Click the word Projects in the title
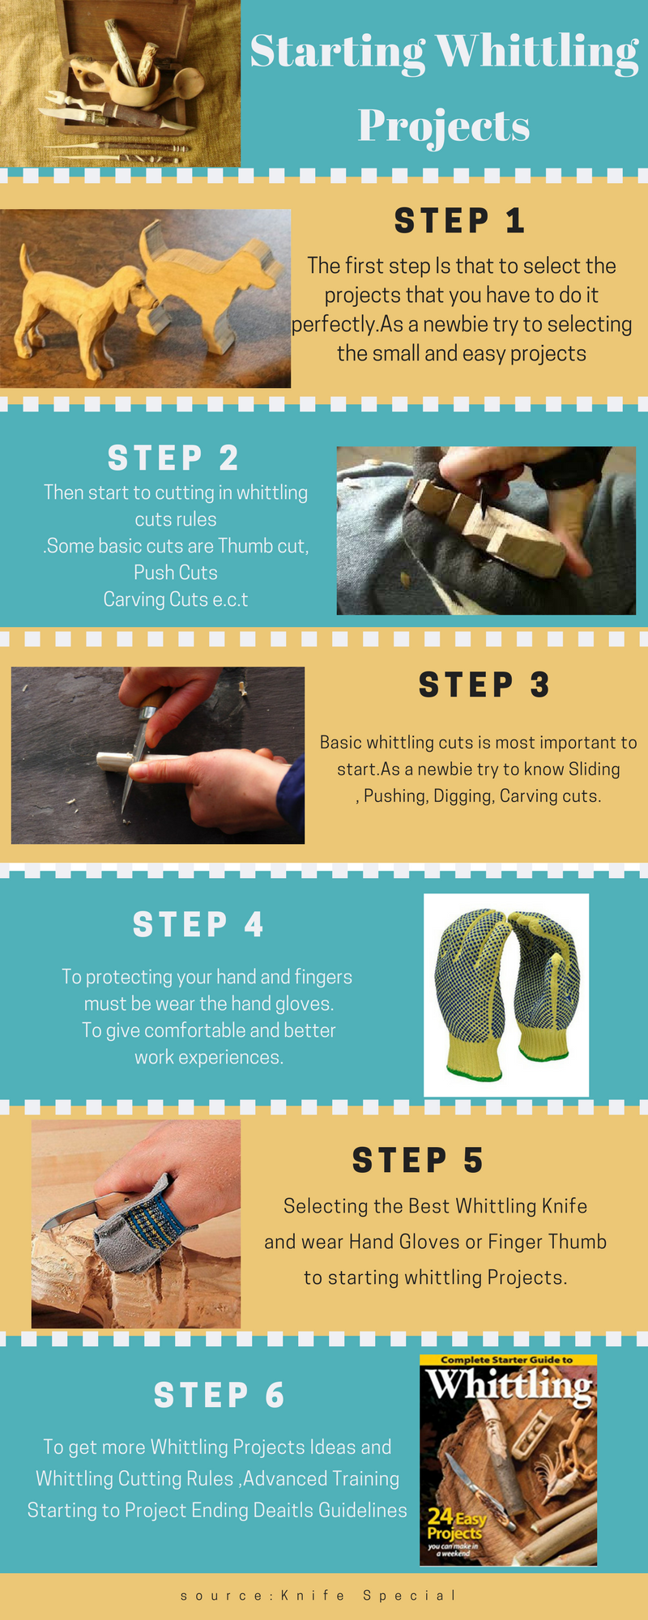coord(444,126)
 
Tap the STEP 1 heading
coord(460,220)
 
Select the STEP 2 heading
coord(173,458)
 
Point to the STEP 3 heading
coord(484,685)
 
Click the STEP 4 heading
coord(198,924)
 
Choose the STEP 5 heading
coord(418,1160)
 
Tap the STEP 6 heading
coord(220,1395)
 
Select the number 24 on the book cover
coord(440,1516)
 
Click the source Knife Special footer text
coord(318,1595)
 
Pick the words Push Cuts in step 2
coord(176,573)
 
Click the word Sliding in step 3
coord(595,769)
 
